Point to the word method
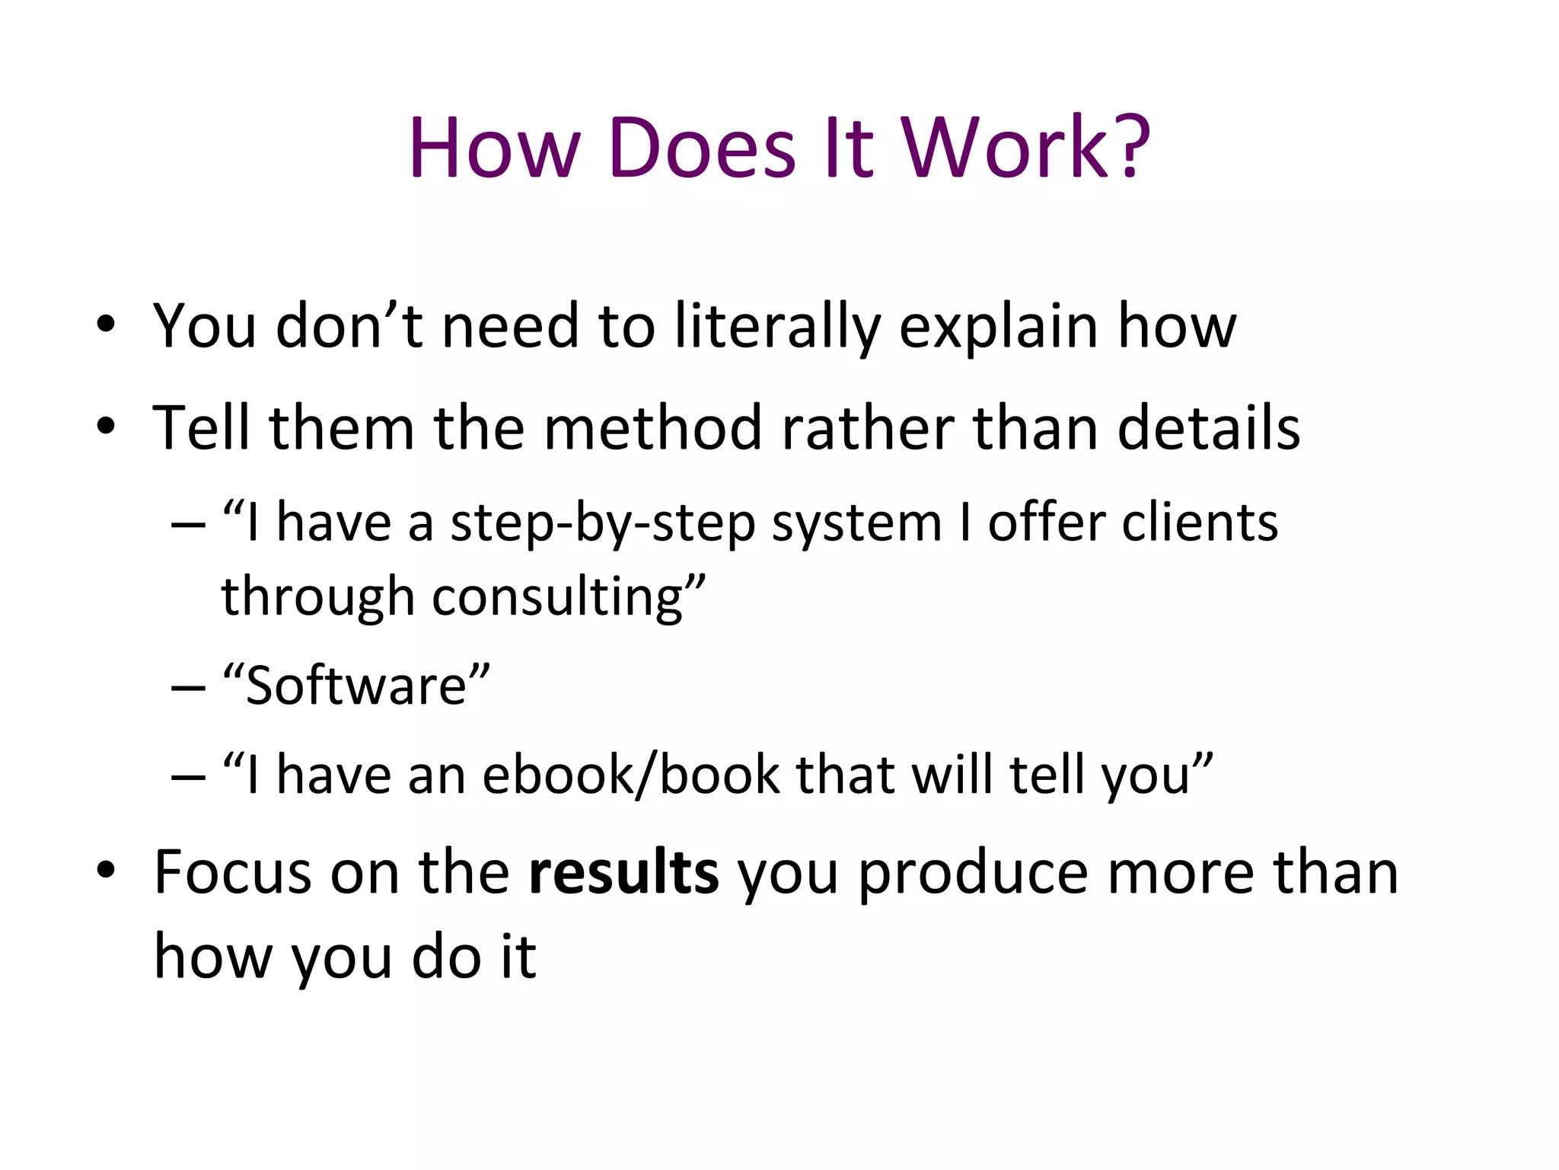click(x=653, y=428)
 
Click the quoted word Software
click(x=356, y=686)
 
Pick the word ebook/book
click(x=631, y=775)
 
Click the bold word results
click(x=623, y=872)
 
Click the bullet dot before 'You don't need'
click(x=106, y=325)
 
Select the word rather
click(x=868, y=428)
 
